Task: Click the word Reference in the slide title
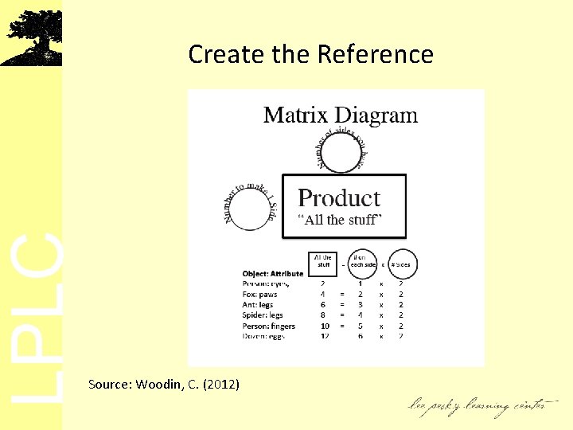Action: pyautogui.click(x=375, y=54)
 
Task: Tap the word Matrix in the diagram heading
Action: pyautogui.click(x=295, y=115)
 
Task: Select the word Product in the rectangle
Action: pyautogui.click(x=339, y=198)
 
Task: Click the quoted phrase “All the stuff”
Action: pyautogui.click(x=340, y=220)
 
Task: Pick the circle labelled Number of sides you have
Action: pyautogui.click(x=341, y=152)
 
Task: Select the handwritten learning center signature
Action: pyautogui.click(x=477, y=406)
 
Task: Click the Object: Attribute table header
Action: pyautogui.click(x=273, y=274)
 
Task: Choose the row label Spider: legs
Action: pyautogui.click(x=262, y=315)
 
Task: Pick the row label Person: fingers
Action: pyautogui.click(x=268, y=326)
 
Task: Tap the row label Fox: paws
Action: pyautogui.click(x=259, y=294)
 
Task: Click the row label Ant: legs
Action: pyautogui.click(x=259, y=304)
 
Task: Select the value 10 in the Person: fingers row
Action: pyautogui.click(x=324, y=326)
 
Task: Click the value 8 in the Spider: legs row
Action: pyautogui.click(x=323, y=315)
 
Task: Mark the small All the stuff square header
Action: pyautogui.click(x=323, y=261)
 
